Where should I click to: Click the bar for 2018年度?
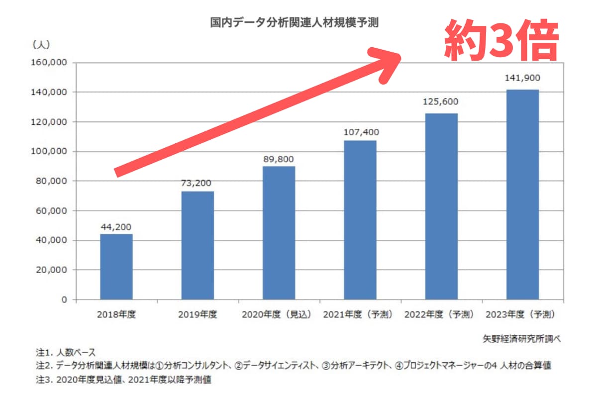[116, 267]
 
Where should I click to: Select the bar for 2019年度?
[198, 245]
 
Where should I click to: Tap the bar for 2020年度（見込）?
[279, 233]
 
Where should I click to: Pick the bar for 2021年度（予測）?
[360, 220]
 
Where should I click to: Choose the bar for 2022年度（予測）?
[441, 206]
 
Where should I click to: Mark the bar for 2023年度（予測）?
[522, 195]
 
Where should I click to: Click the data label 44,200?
[116, 227]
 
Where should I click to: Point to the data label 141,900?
[522, 78]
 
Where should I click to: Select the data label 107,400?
[360, 132]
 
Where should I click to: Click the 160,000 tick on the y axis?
[49, 63]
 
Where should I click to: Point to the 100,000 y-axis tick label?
[49, 152]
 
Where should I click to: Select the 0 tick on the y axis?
[64, 299]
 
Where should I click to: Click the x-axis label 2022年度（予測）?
[441, 315]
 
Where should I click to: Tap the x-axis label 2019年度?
[198, 315]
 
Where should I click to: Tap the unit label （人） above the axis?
[41, 45]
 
